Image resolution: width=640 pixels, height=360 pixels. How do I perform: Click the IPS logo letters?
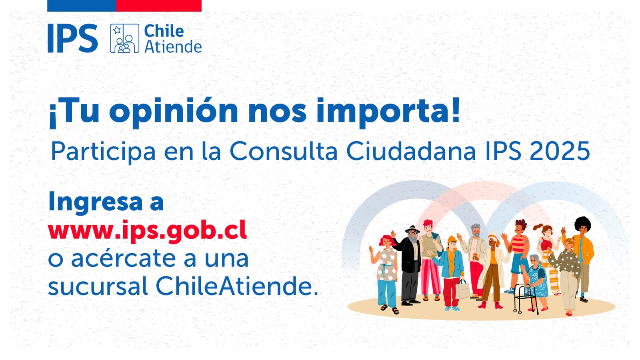click(72, 38)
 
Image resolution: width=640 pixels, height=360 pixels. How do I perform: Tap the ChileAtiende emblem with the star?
click(124, 38)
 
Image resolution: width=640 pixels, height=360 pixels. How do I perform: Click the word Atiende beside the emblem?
click(173, 46)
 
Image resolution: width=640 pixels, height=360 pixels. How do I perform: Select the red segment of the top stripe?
click(158, 6)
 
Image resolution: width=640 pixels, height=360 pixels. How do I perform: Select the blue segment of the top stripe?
click(82, 6)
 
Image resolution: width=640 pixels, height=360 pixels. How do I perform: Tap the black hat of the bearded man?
click(412, 230)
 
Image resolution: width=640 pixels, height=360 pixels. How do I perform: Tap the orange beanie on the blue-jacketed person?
click(452, 240)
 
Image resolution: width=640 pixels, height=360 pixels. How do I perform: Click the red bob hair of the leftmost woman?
click(386, 240)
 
